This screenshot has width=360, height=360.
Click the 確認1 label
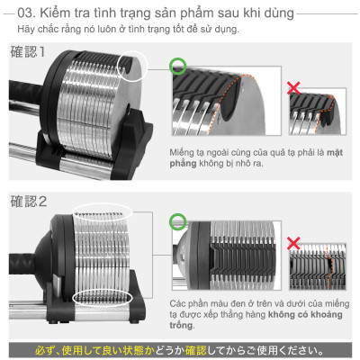(x=28, y=51)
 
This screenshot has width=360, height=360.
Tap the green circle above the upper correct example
(x=178, y=65)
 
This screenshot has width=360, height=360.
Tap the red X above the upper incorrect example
(x=292, y=88)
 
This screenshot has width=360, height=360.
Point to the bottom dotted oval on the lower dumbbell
(x=102, y=298)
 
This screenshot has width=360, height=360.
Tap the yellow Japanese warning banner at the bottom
(x=180, y=349)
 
